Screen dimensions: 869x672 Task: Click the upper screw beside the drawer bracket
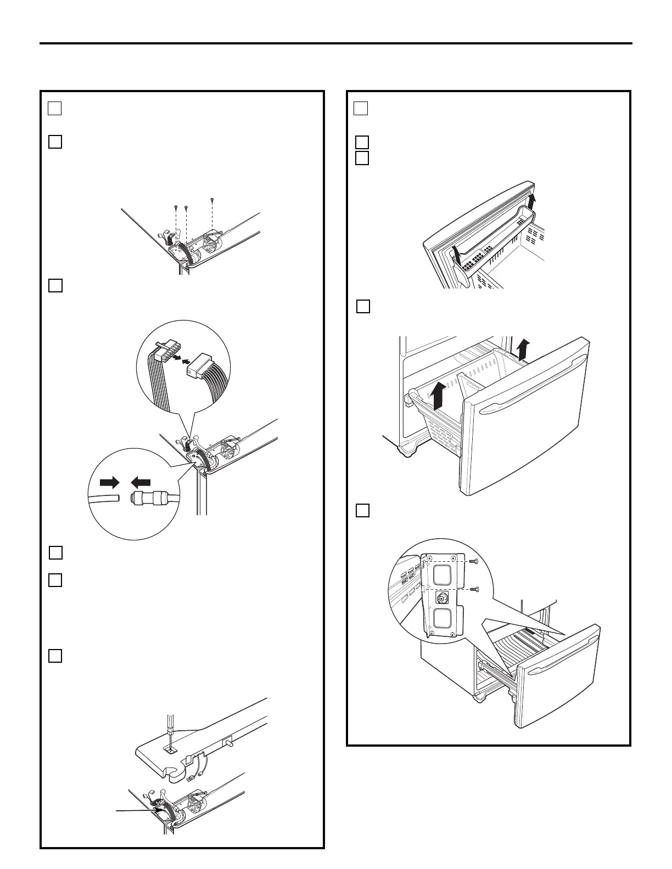click(475, 561)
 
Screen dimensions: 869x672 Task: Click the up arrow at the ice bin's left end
click(455, 253)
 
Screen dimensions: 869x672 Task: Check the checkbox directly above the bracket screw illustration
click(362, 510)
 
